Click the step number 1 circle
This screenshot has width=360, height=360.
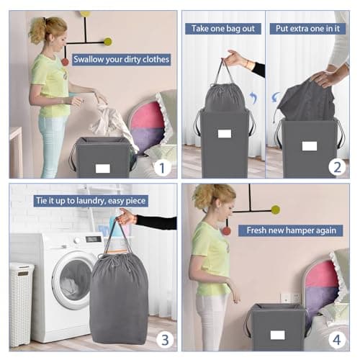point(162,168)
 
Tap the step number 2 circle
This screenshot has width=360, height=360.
point(337,167)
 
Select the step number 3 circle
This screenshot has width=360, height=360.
point(165,340)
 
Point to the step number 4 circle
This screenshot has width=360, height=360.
point(337,340)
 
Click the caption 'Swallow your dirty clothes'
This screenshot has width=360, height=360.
point(122,59)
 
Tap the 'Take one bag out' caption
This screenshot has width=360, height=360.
point(223,29)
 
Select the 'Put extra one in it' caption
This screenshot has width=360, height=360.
point(307,29)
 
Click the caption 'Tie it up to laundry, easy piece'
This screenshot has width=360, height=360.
point(91,201)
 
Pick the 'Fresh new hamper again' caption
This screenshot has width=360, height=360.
point(291,230)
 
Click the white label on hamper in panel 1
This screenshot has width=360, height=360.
point(103,168)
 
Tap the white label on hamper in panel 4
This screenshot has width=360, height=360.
point(278,336)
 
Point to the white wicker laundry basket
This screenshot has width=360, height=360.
point(21,305)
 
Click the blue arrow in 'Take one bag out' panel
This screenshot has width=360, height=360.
point(253,98)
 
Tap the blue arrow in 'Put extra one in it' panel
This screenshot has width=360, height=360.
point(276,97)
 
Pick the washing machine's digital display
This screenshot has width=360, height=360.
point(94,239)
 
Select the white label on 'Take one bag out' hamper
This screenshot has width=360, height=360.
point(225,134)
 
